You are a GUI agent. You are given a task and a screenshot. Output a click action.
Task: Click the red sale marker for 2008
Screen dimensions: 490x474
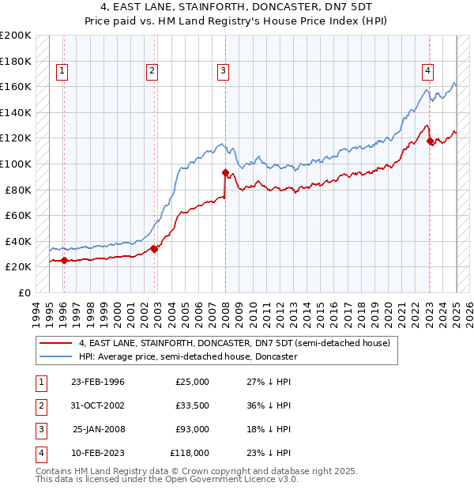pyautogui.click(x=225, y=172)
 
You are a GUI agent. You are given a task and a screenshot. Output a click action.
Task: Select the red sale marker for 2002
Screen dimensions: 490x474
pyautogui.click(x=155, y=249)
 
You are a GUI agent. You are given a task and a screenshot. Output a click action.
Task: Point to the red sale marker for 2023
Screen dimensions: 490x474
pyautogui.click(x=431, y=141)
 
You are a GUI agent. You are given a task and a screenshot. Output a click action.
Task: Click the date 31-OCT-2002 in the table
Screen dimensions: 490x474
pyautogui.click(x=98, y=406)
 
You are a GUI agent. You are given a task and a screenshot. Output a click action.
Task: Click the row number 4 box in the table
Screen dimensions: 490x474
pyautogui.click(x=39, y=454)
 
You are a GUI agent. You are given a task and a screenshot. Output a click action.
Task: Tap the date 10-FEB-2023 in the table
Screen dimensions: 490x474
pyautogui.click(x=98, y=454)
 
